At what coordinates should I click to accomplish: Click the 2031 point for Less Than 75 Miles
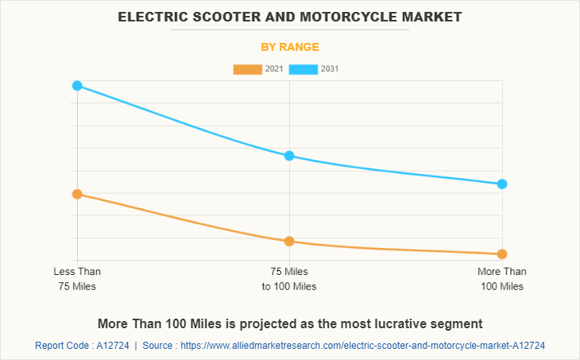(x=77, y=85)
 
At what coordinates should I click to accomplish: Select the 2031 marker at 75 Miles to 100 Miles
(x=289, y=156)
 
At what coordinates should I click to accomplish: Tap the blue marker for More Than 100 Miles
(x=502, y=184)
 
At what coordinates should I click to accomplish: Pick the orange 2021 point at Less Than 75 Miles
(x=77, y=194)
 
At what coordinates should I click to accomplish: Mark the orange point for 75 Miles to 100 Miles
(x=289, y=241)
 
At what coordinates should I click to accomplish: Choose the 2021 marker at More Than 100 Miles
(x=502, y=254)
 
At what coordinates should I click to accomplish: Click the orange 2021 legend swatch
(x=247, y=69)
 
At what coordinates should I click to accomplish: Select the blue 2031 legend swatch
(x=303, y=69)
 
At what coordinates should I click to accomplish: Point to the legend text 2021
(x=274, y=69)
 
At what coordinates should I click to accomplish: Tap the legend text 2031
(x=330, y=69)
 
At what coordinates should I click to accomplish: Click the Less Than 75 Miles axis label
(x=77, y=278)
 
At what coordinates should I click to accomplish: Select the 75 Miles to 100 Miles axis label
(x=289, y=278)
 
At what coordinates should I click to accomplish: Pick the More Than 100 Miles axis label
(x=502, y=278)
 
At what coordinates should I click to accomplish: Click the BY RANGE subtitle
(x=290, y=47)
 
